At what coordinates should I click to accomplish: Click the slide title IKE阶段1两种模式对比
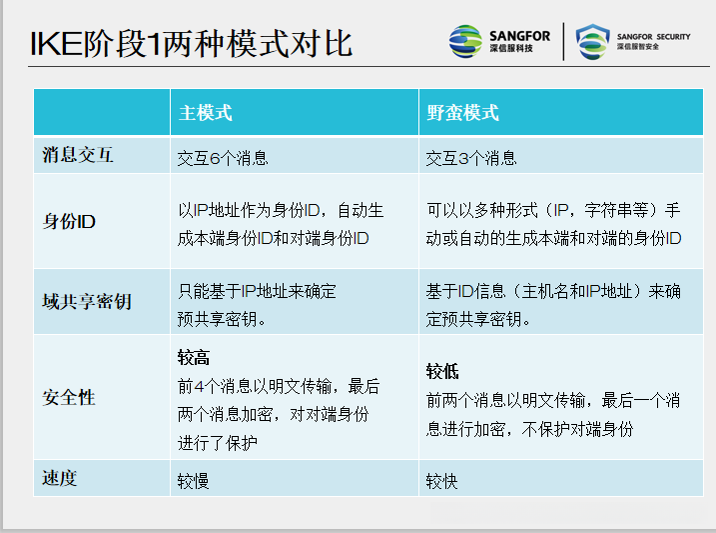pos(190,45)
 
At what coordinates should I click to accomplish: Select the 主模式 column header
pos(205,112)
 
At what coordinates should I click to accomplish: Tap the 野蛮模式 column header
pos(462,112)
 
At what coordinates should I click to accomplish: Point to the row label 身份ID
pos(69,221)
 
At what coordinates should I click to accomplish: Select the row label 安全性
pos(69,397)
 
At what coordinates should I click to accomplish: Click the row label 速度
pos(60,478)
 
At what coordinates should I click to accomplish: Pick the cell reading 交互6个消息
pos(223,158)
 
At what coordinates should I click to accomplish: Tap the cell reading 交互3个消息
pos(471,158)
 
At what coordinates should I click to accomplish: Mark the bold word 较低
pos(442,371)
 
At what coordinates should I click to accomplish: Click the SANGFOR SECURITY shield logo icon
pos(592,42)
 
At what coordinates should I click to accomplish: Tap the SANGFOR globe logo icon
pos(465,41)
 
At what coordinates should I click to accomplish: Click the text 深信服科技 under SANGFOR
pos(511,49)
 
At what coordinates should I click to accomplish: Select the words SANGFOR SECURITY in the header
pos(653,36)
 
